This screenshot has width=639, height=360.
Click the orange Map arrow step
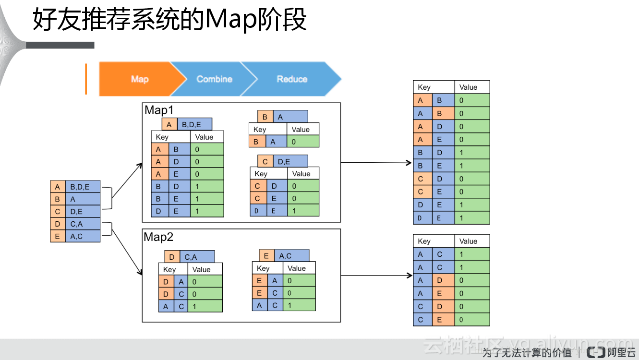(x=137, y=79)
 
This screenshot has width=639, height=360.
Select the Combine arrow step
(x=214, y=79)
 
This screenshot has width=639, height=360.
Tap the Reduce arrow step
(x=292, y=79)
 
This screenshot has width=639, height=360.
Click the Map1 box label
(x=159, y=110)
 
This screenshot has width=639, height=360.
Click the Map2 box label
(x=159, y=237)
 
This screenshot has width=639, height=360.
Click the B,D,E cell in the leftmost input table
(x=83, y=187)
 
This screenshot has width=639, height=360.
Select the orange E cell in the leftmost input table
(x=58, y=236)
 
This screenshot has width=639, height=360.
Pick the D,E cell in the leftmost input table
(x=83, y=212)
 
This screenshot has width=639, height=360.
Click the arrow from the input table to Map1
(x=127, y=180)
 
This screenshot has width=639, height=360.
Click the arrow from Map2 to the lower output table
(x=376, y=276)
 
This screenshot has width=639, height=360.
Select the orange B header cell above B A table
(x=265, y=117)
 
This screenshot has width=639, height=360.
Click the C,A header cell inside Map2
(x=197, y=257)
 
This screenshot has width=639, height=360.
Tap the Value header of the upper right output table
(x=471, y=87)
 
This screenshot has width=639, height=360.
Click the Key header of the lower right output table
(x=433, y=241)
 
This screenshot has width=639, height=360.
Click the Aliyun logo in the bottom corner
(x=596, y=352)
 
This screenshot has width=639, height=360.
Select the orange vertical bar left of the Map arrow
(x=86, y=79)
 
